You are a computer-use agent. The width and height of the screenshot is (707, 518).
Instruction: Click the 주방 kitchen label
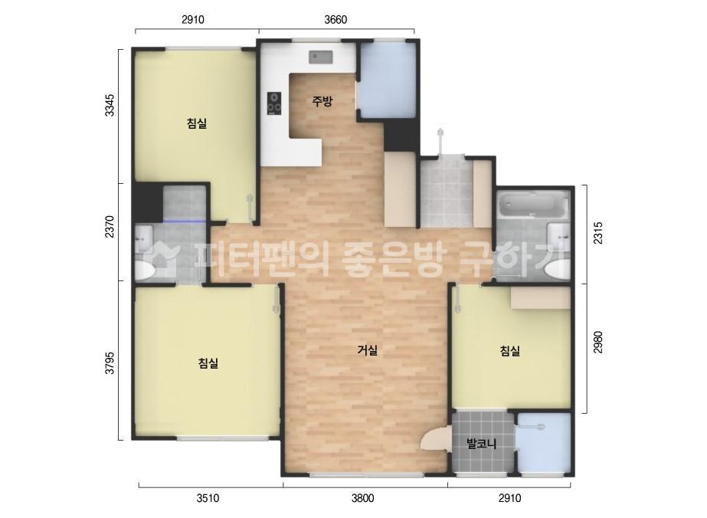click(322, 101)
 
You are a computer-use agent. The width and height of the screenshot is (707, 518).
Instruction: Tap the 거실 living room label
click(368, 351)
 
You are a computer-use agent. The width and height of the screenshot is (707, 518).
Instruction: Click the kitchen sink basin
click(319, 56)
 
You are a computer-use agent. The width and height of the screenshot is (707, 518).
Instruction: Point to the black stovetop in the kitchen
click(274, 103)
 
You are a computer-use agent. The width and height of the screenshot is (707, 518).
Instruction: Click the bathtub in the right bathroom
click(532, 205)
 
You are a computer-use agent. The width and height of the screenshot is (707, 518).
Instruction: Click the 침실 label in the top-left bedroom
click(197, 123)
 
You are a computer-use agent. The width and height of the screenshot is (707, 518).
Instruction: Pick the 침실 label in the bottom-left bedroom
click(208, 363)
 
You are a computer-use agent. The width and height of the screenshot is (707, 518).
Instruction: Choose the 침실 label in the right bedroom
click(510, 351)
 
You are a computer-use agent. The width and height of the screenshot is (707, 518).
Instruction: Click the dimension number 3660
click(335, 20)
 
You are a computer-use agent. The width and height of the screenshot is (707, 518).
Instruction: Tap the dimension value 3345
click(110, 105)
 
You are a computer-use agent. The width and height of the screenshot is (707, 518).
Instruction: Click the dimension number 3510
click(208, 498)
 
